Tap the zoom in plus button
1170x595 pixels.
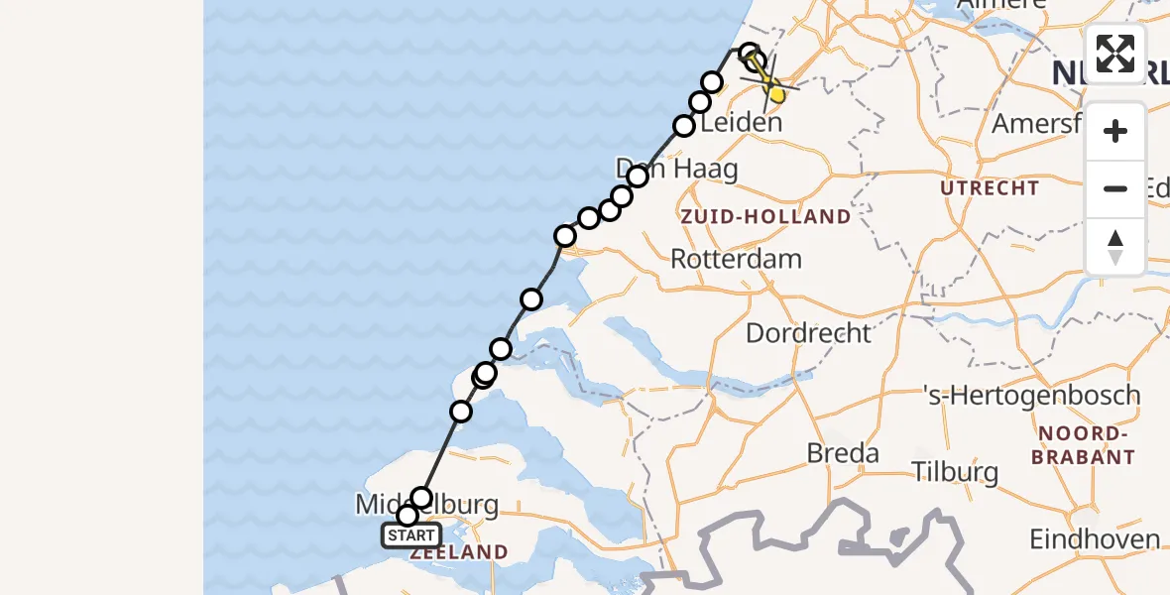tap(1115, 132)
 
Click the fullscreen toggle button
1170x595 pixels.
tap(1115, 53)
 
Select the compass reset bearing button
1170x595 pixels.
tap(1115, 247)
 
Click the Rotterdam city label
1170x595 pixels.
tap(736, 260)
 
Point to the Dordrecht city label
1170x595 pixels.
tap(807, 333)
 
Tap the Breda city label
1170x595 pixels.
tap(843, 454)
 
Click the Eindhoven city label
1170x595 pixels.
tap(1095, 540)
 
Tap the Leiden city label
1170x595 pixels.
tap(741, 124)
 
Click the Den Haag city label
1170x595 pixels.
tap(678, 169)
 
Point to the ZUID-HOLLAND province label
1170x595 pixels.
tap(764, 216)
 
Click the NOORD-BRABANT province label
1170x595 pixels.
tap(1082, 446)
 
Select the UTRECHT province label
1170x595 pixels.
tap(991, 188)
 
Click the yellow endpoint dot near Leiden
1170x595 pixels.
tap(777, 95)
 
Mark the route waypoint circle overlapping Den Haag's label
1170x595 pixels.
tap(637, 177)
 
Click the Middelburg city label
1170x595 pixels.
tap(426, 506)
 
